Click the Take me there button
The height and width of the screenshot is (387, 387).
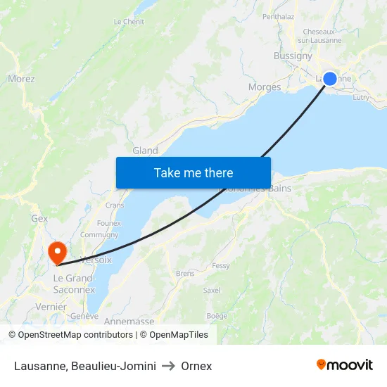pyautogui.click(x=193, y=172)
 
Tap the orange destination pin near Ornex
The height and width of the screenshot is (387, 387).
pyautogui.click(x=56, y=252)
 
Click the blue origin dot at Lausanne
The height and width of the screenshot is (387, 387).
pyautogui.click(x=329, y=79)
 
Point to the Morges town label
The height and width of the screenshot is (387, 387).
pyautogui.click(x=265, y=87)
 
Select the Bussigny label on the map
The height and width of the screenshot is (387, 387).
pyautogui.click(x=293, y=56)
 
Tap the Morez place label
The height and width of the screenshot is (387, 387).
pyautogui.click(x=21, y=79)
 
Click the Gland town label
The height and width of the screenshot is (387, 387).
pyautogui.click(x=146, y=151)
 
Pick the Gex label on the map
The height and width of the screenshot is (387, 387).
pyautogui.click(x=39, y=219)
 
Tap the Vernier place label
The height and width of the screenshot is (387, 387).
pyautogui.click(x=51, y=307)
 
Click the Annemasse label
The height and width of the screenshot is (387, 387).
pyautogui.click(x=129, y=322)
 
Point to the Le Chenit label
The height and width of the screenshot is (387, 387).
pyautogui.click(x=129, y=22)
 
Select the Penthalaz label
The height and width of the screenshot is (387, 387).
pyautogui.click(x=278, y=15)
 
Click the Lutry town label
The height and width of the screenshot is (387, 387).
pyautogui.click(x=360, y=98)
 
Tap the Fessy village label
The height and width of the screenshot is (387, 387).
pyautogui.click(x=221, y=266)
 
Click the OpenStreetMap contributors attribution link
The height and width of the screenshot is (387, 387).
pyautogui.click(x=75, y=335)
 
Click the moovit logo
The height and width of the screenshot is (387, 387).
pyautogui.click(x=345, y=364)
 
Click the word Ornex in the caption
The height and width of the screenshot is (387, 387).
pyautogui.click(x=196, y=366)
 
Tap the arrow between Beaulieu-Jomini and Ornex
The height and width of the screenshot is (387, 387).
pyautogui.click(x=168, y=366)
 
